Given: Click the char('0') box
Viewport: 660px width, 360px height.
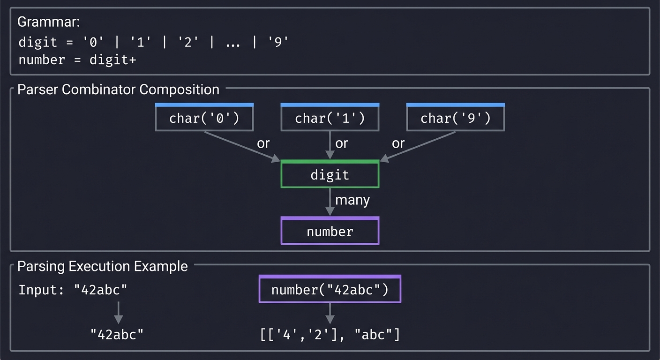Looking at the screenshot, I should pos(204,118).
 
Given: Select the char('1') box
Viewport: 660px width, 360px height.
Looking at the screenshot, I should pos(330,118).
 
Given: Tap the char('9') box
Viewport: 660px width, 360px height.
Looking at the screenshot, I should pos(456,118).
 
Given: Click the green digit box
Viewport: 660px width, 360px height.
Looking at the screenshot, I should pos(330,175).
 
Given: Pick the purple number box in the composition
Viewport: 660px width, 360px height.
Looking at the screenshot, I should pos(330,231).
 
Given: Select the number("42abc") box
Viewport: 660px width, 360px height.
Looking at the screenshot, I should pos(330,290).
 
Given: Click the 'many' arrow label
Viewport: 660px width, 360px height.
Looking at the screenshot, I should pos(352,200).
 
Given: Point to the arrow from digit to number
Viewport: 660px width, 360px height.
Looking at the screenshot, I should pos(330,202).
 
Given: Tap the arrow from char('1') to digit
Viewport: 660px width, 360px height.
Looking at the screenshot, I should pos(330,146).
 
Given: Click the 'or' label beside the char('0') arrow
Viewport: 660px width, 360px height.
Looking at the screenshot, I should pos(263,143).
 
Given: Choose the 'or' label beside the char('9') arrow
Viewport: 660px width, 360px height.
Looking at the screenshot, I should pos(398,143).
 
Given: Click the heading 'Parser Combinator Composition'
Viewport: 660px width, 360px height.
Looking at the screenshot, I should pos(118,90).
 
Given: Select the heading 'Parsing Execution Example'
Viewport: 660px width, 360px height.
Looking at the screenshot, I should pos(103,266).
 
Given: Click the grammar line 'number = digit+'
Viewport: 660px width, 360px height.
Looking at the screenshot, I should pos(77,60).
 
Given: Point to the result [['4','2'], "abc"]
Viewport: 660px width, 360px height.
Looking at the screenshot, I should pos(330,334).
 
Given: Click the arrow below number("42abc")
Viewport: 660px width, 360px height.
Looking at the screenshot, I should pos(330,313).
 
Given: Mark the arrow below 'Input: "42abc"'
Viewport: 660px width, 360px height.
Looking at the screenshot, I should pos(119,312).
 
